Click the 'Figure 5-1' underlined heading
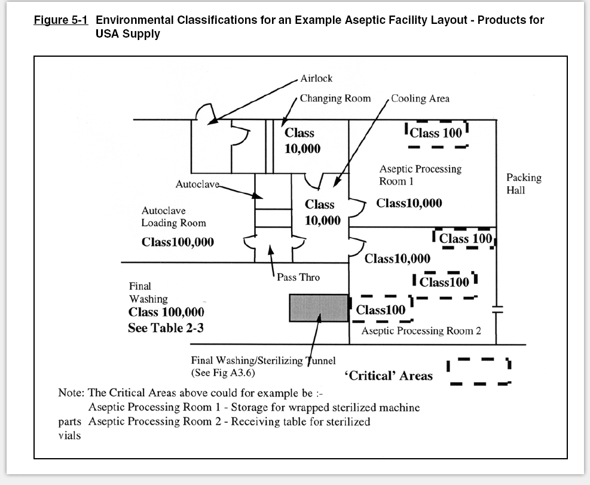tap(61, 20)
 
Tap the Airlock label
tap(316, 79)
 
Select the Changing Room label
tap(335, 99)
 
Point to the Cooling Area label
tap(420, 99)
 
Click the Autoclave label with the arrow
tap(197, 184)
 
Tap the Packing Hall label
tap(524, 183)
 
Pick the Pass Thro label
tap(298, 278)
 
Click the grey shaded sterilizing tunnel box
tap(319, 308)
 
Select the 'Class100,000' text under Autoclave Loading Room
tap(178, 242)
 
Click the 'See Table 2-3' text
tap(166, 328)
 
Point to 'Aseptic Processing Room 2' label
tap(421, 331)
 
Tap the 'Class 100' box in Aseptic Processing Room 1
tap(436, 133)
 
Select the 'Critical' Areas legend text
tap(389, 376)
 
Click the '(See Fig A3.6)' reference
tap(223, 373)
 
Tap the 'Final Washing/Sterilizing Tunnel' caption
tap(264, 361)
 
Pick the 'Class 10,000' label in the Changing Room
tap(302, 140)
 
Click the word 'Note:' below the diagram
tap(71, 393)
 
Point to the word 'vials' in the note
tap(69, 436)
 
